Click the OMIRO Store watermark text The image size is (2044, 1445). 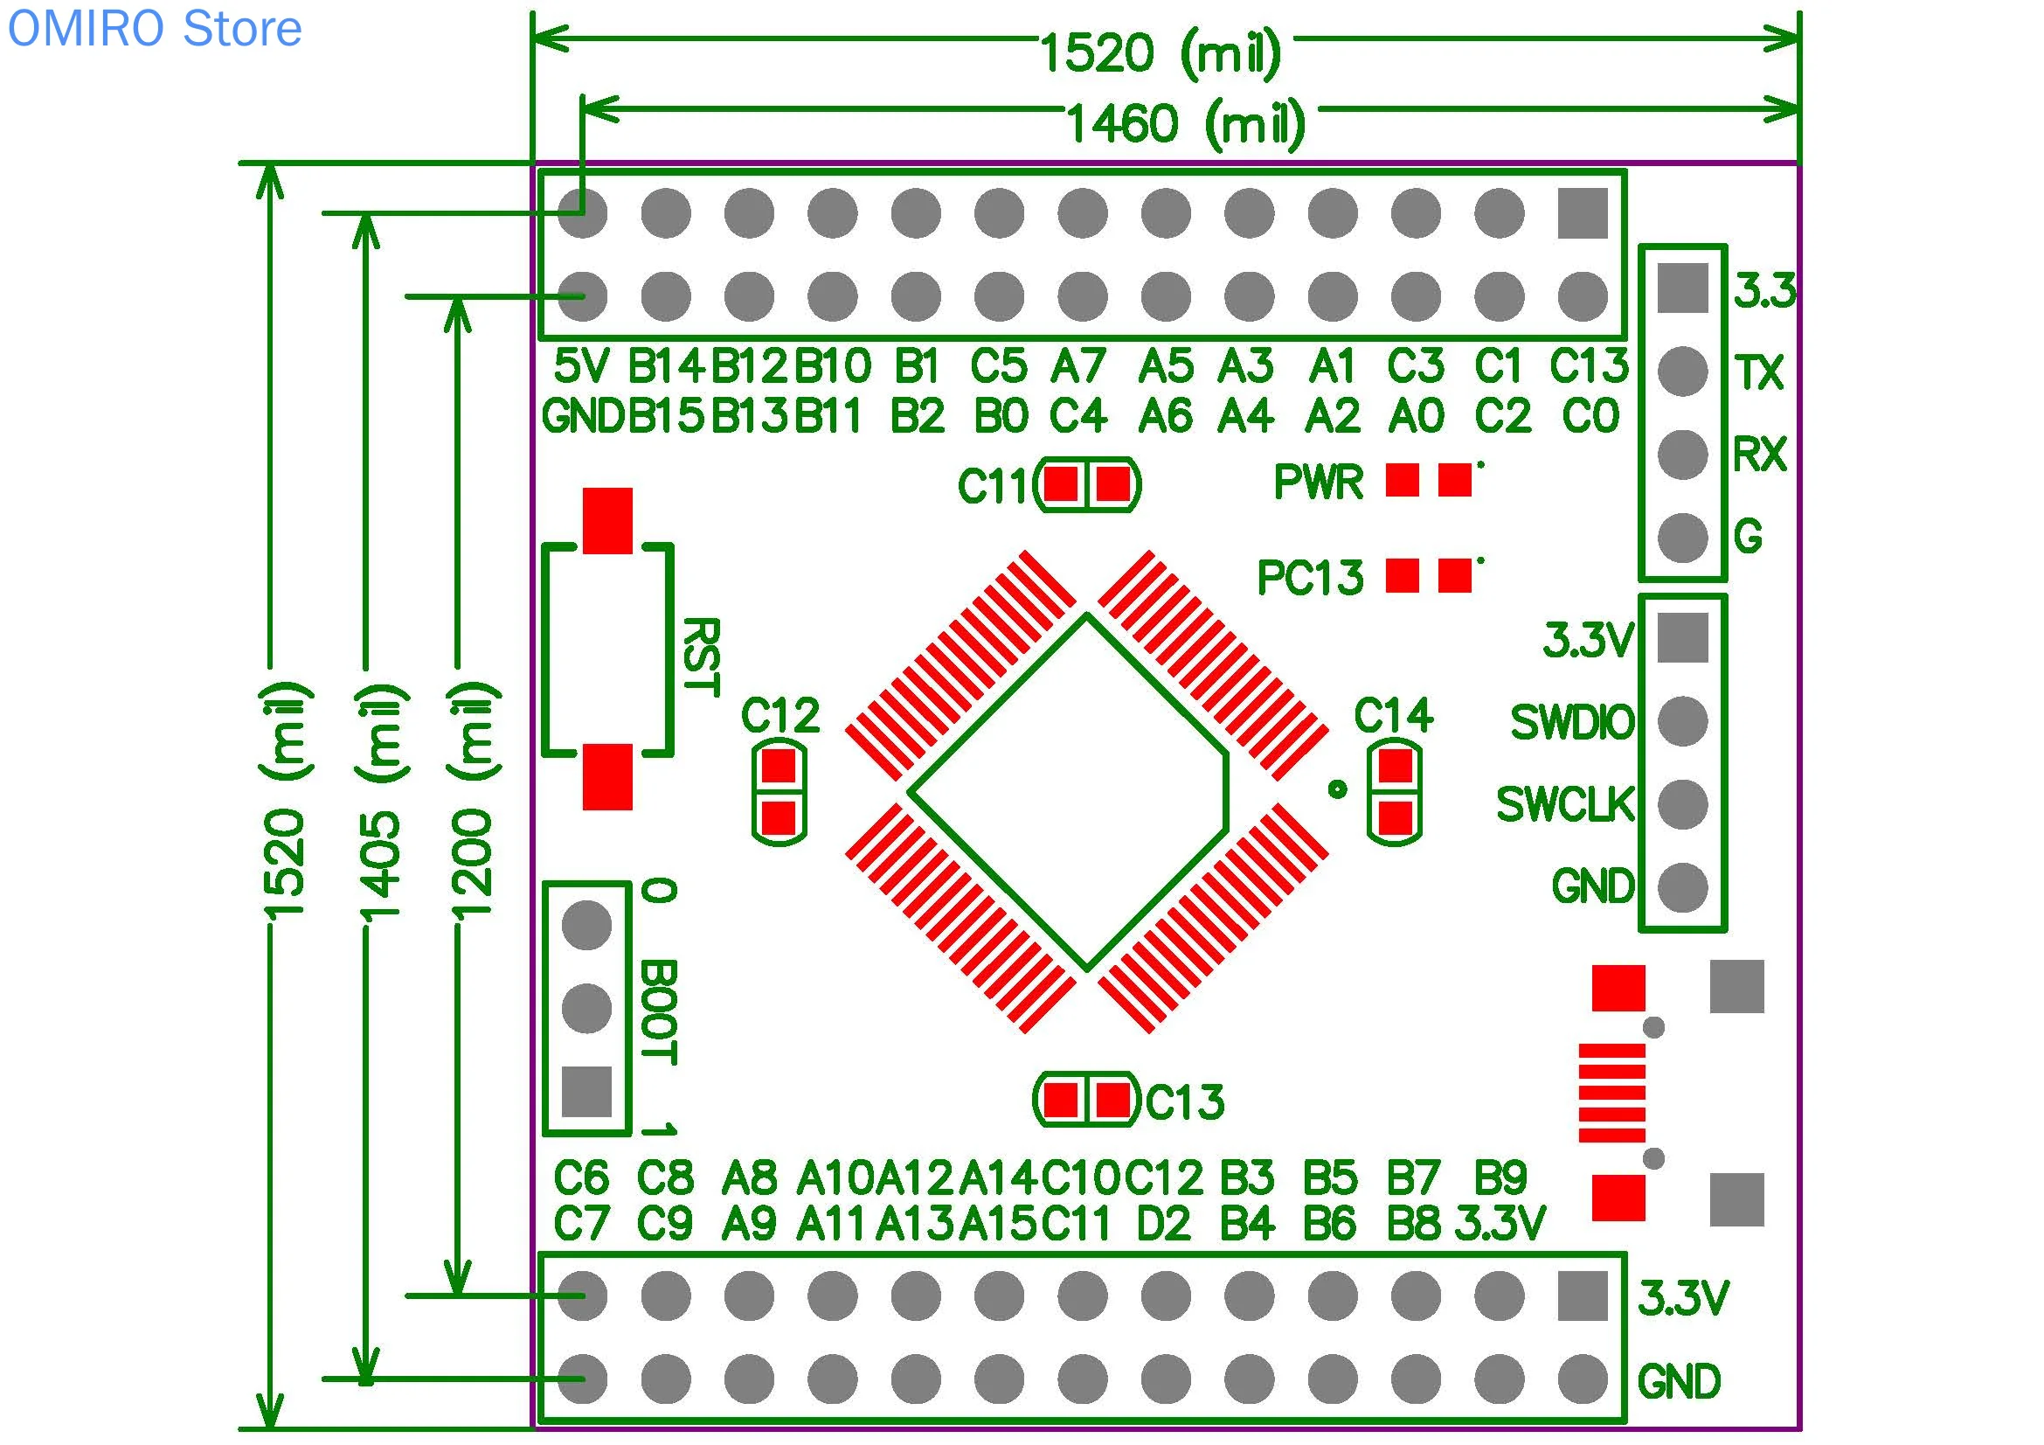[155, 29]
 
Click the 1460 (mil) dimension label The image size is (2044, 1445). [1186, 124]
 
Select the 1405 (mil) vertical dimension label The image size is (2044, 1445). [381, 802]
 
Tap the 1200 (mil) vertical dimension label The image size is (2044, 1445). [472, 801]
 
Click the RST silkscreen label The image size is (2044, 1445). [701, 657]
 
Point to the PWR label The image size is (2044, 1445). [1319, 483]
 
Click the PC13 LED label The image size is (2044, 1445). [1311, 578]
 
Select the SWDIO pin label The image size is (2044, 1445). [1573, 722]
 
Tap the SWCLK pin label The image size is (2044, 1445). [1566, 805]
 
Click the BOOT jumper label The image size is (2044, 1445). [660, 1012]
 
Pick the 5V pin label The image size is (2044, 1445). [581, 366]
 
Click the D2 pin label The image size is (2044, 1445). [1163, 1224]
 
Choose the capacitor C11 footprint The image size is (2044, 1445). [1088, 485]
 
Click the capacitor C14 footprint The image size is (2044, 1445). [1395, 791]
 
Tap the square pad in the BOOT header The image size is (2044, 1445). [586, 1092]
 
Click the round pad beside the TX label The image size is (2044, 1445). [1682, 372]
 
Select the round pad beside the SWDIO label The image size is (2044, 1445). [1682, 721]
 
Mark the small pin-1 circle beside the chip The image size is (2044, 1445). [1337, 788]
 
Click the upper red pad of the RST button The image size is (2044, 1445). [608, 521]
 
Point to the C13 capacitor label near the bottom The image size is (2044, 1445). [1185, 1102]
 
